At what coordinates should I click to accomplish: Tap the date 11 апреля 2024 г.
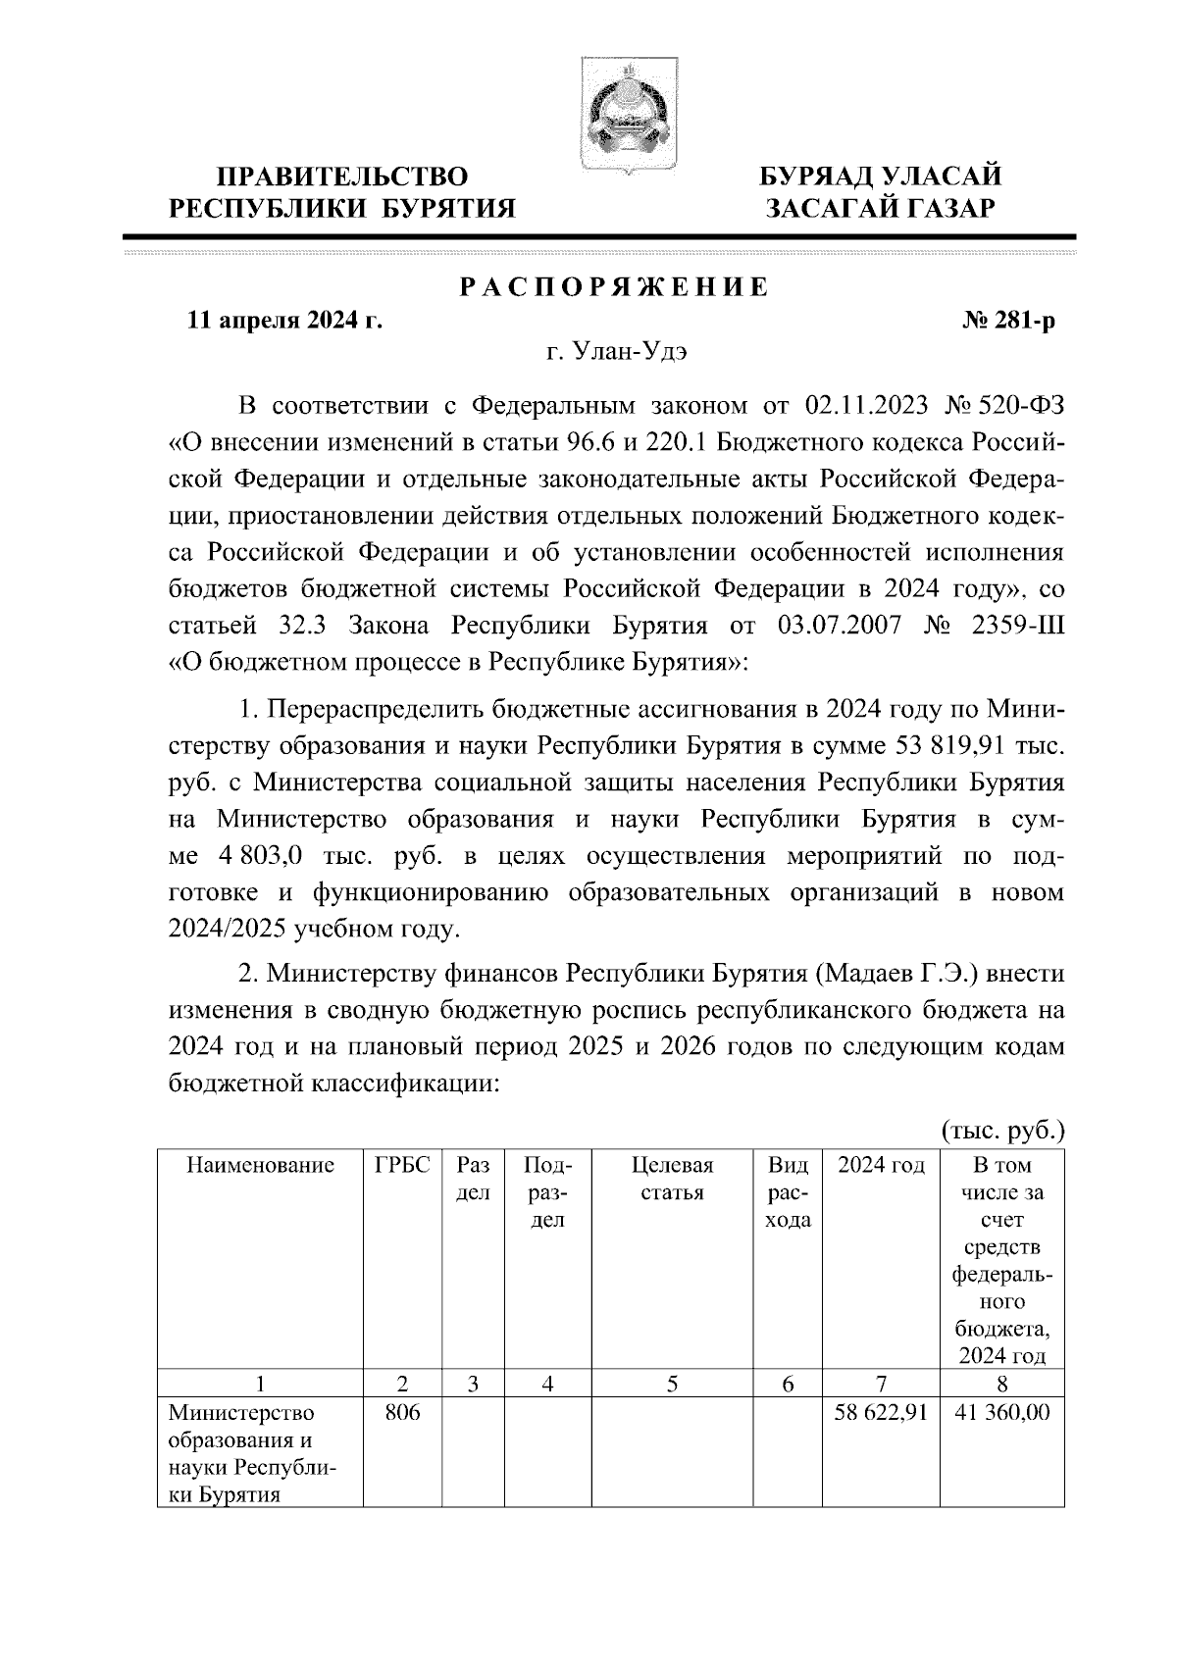pos(284,322)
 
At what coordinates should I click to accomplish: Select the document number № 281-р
pos(1009,322)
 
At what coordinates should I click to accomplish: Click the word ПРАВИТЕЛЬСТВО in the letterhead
pos(342,177)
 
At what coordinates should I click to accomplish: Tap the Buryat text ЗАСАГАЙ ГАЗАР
pos(882,208)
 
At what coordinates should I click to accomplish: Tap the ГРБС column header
pos(402,1166)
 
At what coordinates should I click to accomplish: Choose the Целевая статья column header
pos(672,1179)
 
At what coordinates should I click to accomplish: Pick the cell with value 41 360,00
pos(1001,1414)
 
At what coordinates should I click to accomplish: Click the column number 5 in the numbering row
pos(672,1385)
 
